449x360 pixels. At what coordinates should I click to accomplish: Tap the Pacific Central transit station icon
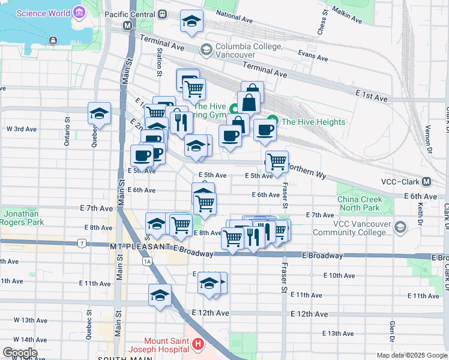tap(127, 26)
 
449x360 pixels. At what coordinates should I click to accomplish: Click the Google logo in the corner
tap(20, 353)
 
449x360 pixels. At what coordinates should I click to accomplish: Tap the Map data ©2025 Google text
tap(411, 355)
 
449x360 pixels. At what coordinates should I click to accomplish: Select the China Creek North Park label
tap(359, 203)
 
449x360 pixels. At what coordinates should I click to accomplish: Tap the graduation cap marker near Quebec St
tap(99, 112)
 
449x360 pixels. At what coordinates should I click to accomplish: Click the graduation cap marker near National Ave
tap(192, 22)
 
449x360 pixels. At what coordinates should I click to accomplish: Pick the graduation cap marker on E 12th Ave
tap(160, 295)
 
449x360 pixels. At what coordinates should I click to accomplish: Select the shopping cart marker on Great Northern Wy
tap(276, 161)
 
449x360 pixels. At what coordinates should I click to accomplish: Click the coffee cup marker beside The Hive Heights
tap(264, 130)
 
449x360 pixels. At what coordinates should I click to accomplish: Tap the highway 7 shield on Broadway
tap(81, 243)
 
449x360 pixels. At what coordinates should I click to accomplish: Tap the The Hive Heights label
tap(313, 122)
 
